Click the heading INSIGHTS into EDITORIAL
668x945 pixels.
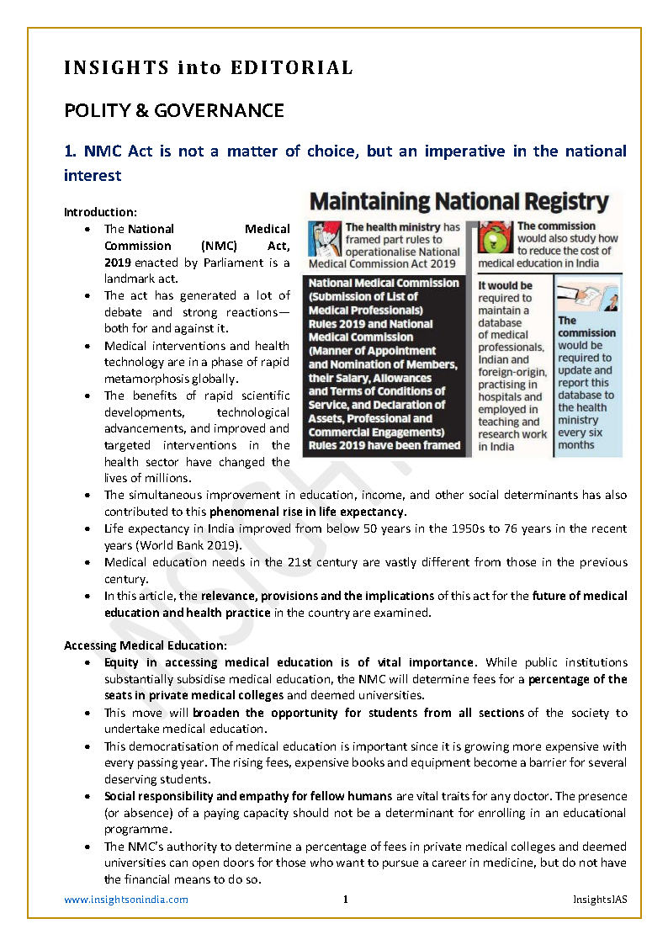208,67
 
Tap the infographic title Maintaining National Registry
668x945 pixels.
459,202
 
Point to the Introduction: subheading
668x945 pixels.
100,212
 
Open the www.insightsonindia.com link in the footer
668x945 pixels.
126,900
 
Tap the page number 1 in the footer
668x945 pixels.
345,900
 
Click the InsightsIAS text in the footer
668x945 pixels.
598,900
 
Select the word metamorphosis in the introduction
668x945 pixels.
141,379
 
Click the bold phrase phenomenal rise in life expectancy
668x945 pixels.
308,512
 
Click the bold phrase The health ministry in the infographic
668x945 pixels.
392,227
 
